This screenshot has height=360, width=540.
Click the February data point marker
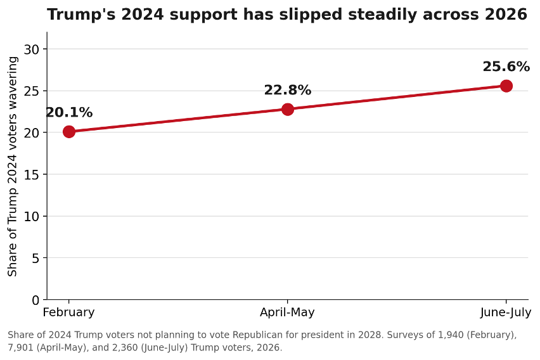point(69,132)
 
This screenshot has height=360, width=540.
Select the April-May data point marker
point(288,109)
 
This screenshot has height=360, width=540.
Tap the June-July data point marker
point(506,86)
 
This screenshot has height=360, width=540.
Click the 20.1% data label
point(69,112)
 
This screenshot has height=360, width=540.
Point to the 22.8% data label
point(288,90)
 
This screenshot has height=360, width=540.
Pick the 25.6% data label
point(506,67)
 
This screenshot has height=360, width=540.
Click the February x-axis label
point(68,312)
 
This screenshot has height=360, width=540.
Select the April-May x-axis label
point(287,312)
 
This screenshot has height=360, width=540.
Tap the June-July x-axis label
point(506,312)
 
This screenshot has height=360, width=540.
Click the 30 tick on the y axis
point(31,49)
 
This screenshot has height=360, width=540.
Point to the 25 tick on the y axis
point(31,91)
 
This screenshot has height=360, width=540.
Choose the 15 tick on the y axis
point(31,175)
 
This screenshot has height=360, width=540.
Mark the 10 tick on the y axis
point(31,216)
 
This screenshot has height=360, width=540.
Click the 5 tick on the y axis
point(35,258)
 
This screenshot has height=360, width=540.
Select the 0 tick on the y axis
point(35,300)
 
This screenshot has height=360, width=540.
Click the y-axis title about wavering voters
point(12,167)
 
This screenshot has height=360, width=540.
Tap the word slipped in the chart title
point(312,15)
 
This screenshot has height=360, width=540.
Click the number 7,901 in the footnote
point(20,347)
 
